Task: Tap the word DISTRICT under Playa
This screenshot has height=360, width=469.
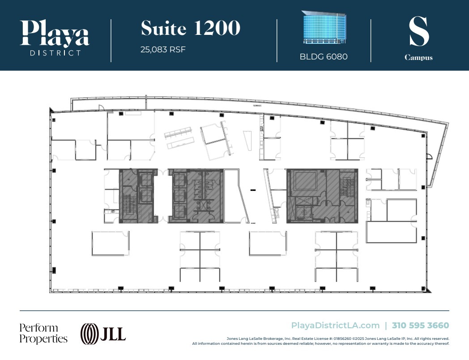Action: (55, 53)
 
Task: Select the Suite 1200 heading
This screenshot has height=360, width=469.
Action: (191, 28)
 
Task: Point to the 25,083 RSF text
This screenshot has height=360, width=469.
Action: (163, 49)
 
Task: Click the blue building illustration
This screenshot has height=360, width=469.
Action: (324, 28)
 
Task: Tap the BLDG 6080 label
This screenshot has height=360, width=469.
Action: (324, 57)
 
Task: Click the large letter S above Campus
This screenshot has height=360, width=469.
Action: (419, 32)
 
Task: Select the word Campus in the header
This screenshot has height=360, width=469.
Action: (418, 58)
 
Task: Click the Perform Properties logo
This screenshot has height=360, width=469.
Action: (43, 333)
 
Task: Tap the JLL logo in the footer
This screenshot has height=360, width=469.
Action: (103, 333)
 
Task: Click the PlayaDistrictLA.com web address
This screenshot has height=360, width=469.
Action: (335, 326)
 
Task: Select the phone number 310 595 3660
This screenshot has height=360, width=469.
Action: (420, 326)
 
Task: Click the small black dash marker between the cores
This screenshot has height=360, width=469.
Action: (253, 191)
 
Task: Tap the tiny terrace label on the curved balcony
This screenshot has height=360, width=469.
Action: (256, 106)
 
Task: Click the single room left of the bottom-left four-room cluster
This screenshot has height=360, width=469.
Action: (111, 243)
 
